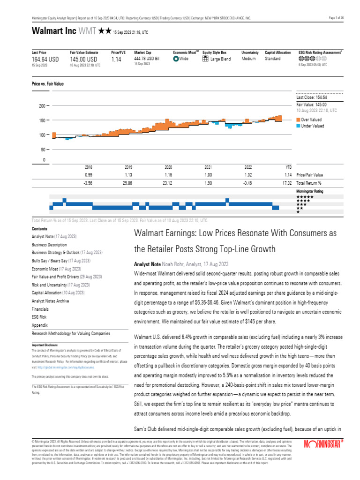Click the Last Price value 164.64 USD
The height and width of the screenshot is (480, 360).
(45, 60)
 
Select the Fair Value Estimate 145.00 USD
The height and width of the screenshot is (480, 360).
(83, 60)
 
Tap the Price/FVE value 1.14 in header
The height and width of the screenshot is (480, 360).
(117, 60)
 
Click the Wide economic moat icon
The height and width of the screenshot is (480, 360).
(176, 59)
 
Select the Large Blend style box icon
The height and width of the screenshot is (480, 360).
(205, 59)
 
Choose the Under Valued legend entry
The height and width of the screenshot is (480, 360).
(312, 126)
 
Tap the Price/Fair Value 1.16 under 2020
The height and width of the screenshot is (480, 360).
(169, 174)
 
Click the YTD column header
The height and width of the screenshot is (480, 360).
(288, 167)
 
